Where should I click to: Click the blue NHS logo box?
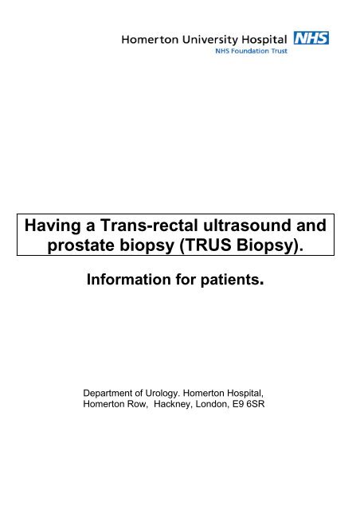(311, 37)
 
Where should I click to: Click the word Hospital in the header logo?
(264, 38)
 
